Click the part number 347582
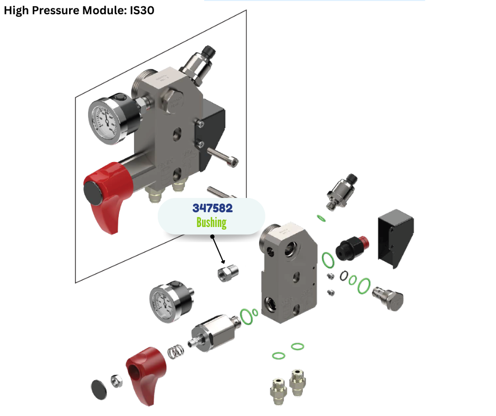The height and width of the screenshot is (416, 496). tap(212, 208)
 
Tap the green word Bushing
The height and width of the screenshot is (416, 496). tap(211, 222)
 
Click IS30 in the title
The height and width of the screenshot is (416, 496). tap(142, 10)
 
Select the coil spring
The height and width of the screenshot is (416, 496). tap(176, 352)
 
